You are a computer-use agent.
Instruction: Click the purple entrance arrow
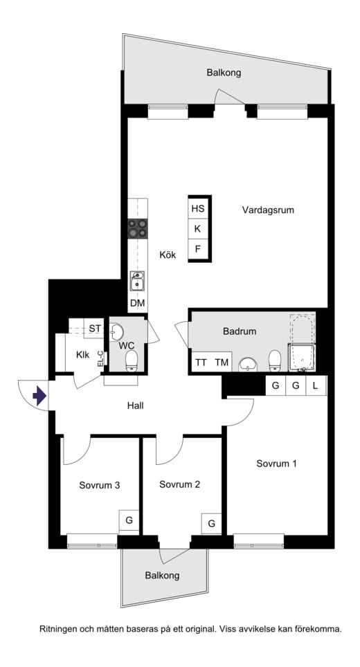(x=39, y=396)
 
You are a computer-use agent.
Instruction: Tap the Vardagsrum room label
(x=268, y=210)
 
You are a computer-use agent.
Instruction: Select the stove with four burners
(x=138, y=228)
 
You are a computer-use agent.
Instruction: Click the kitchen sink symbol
(x=138, y=281)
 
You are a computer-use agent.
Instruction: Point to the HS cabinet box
(x=198, y=208)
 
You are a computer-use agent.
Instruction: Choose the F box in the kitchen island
(x=198, y=249)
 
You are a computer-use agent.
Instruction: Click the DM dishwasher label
(x=138, y=303)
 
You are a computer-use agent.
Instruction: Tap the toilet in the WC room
(x=132, y=361)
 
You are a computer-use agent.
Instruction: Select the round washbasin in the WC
(x=116, y=332)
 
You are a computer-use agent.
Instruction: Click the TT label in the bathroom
(x=201, y=363)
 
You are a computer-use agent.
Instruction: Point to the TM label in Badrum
(x=222, y=363)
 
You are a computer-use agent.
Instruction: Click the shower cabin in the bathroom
(x=302, y=358)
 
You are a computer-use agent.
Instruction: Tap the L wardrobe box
(x=316, y=386)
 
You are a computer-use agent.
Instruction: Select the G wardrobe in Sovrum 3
(x=129, y=520)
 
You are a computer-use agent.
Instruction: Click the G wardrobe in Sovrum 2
(x=211, y=524)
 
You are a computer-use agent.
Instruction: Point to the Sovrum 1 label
(x=276, y=464)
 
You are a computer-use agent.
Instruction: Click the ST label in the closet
(x=95, y=329)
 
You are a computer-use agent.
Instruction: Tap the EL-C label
(x=100, y=358)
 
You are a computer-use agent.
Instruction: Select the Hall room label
(x=135, y=406)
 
